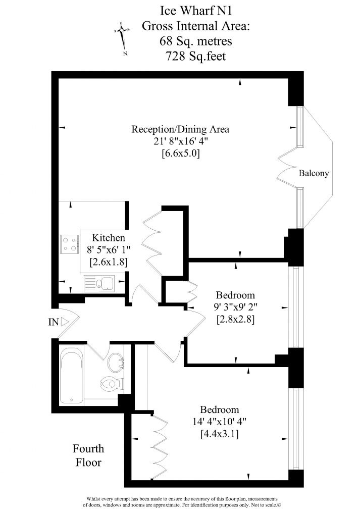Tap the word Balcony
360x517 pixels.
pyautogui.click(x=314, y=173)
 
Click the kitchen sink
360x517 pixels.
pyautogui.click(x=100, y=284)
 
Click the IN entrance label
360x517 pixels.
pyautogui.click(x=53, y=322)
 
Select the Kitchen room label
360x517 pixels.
pyautogui.click(x=109, y=238)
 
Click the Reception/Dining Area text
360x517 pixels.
pyautogui.click(x=180, y=129)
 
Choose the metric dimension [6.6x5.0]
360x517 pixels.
pyautogui.click(x=181, y=154)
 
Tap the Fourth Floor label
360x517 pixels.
pyautogui.click(x=88, y=455)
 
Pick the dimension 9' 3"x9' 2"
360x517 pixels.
pyautogui.click(x=235, y=307)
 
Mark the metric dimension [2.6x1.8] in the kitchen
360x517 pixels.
pyautogui.click(x=109, y=262)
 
